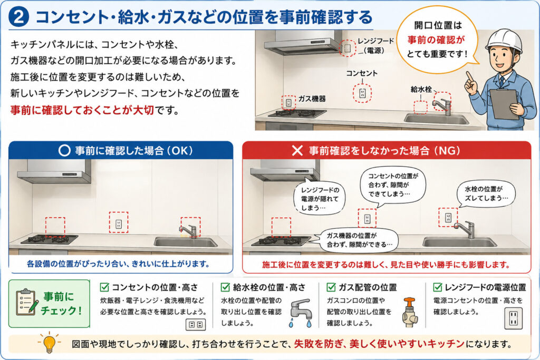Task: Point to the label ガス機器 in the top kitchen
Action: [x=312, y=99]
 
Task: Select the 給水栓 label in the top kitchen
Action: [x=421, y=90]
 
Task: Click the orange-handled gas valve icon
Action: [x=410, y=312]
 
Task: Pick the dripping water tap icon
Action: [x=301, y=313]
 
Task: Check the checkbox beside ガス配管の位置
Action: [x=331, y=287]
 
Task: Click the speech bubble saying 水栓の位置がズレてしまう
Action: [x=486, y=194]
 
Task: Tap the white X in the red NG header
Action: [x=297, y=150]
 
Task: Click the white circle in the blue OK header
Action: [x=64, y=150]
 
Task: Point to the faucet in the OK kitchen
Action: [x=188, y=230]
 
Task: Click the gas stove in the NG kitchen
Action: [x=281, y=241]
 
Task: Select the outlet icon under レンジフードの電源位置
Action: [x=514, y=318]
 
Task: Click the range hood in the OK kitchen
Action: [x=54, y=171]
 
